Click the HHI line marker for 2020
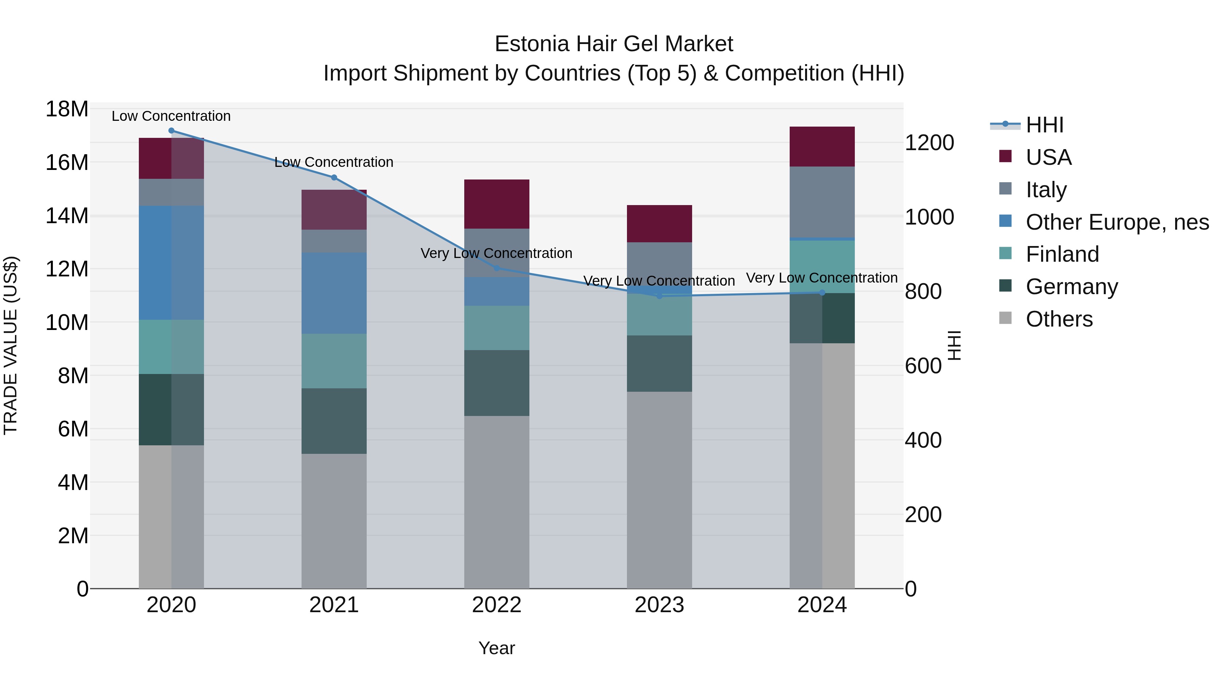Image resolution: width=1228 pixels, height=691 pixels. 171,131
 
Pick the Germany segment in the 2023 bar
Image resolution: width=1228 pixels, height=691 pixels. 659,364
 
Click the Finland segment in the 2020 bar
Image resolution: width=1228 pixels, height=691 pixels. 171,347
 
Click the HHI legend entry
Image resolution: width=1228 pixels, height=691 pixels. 1044,125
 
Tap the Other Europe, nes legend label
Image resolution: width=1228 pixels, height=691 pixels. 1117,222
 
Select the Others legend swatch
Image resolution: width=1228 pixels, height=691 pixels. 1005,318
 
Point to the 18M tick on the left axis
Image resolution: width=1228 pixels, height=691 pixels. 67,109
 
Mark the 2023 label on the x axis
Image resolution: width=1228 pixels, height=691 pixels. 659,605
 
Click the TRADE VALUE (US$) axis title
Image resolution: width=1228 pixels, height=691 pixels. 11,345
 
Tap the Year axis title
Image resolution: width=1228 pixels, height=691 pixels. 497,648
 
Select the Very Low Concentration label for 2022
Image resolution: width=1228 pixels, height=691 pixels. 496,253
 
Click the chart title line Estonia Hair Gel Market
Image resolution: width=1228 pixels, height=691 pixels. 614,44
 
